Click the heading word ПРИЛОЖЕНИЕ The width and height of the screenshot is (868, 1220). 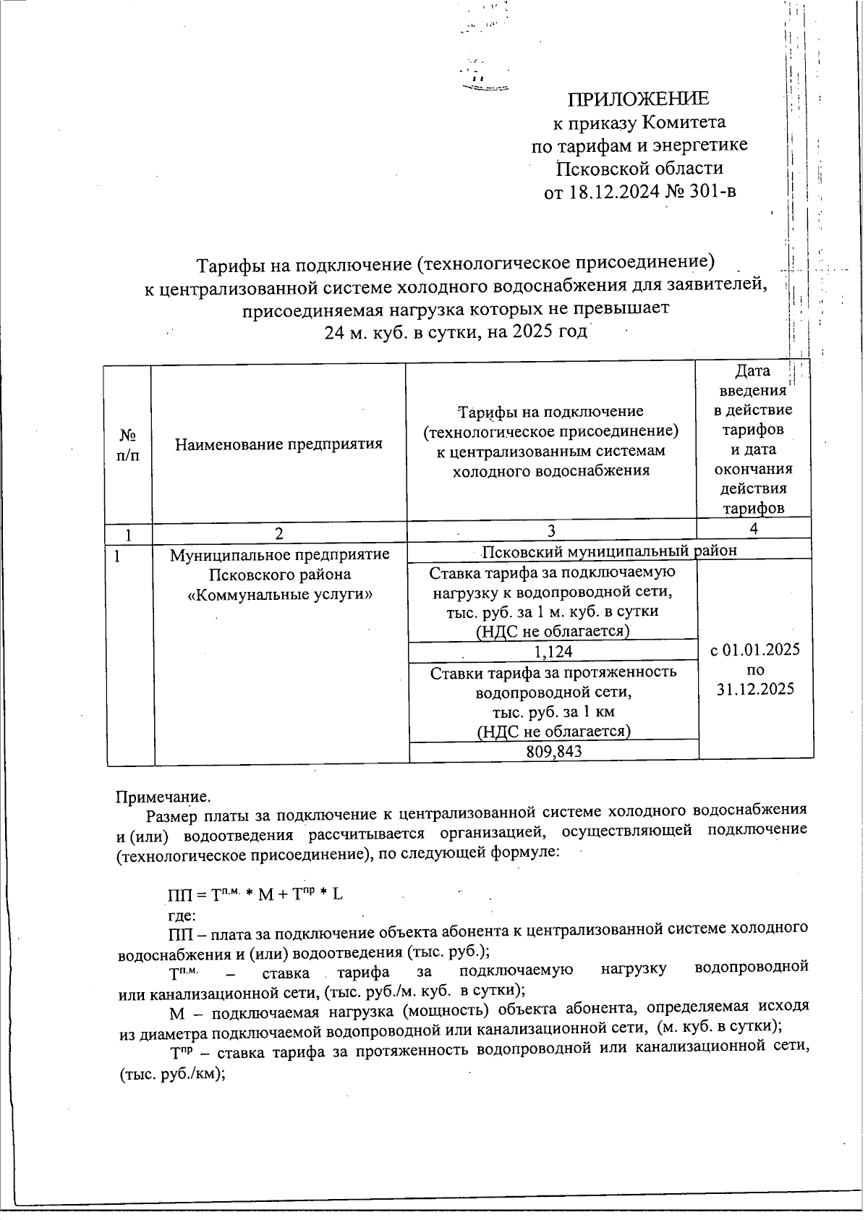[x=638, y=98]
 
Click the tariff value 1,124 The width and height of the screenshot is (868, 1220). [x=553, y=652]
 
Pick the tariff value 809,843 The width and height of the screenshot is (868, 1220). [x=553, y=752]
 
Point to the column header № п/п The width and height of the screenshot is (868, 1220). [x=128, y=445]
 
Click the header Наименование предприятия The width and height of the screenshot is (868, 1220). [x=278, y=444]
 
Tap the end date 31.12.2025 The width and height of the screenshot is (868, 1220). [x=755, y=689]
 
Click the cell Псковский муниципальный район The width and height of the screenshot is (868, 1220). [x=609, y=551]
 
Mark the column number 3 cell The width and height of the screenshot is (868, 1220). [x=551, y=531]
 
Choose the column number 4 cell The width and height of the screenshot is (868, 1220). [x=754, y=529]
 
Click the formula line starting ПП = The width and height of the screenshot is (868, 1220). [x=255, y=894]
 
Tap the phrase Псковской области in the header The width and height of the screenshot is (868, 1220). [x=639, y=169]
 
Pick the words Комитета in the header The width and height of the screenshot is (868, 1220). [x=684, y=122]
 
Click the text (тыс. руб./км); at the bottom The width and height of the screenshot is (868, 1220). [x=168, y=1075]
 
